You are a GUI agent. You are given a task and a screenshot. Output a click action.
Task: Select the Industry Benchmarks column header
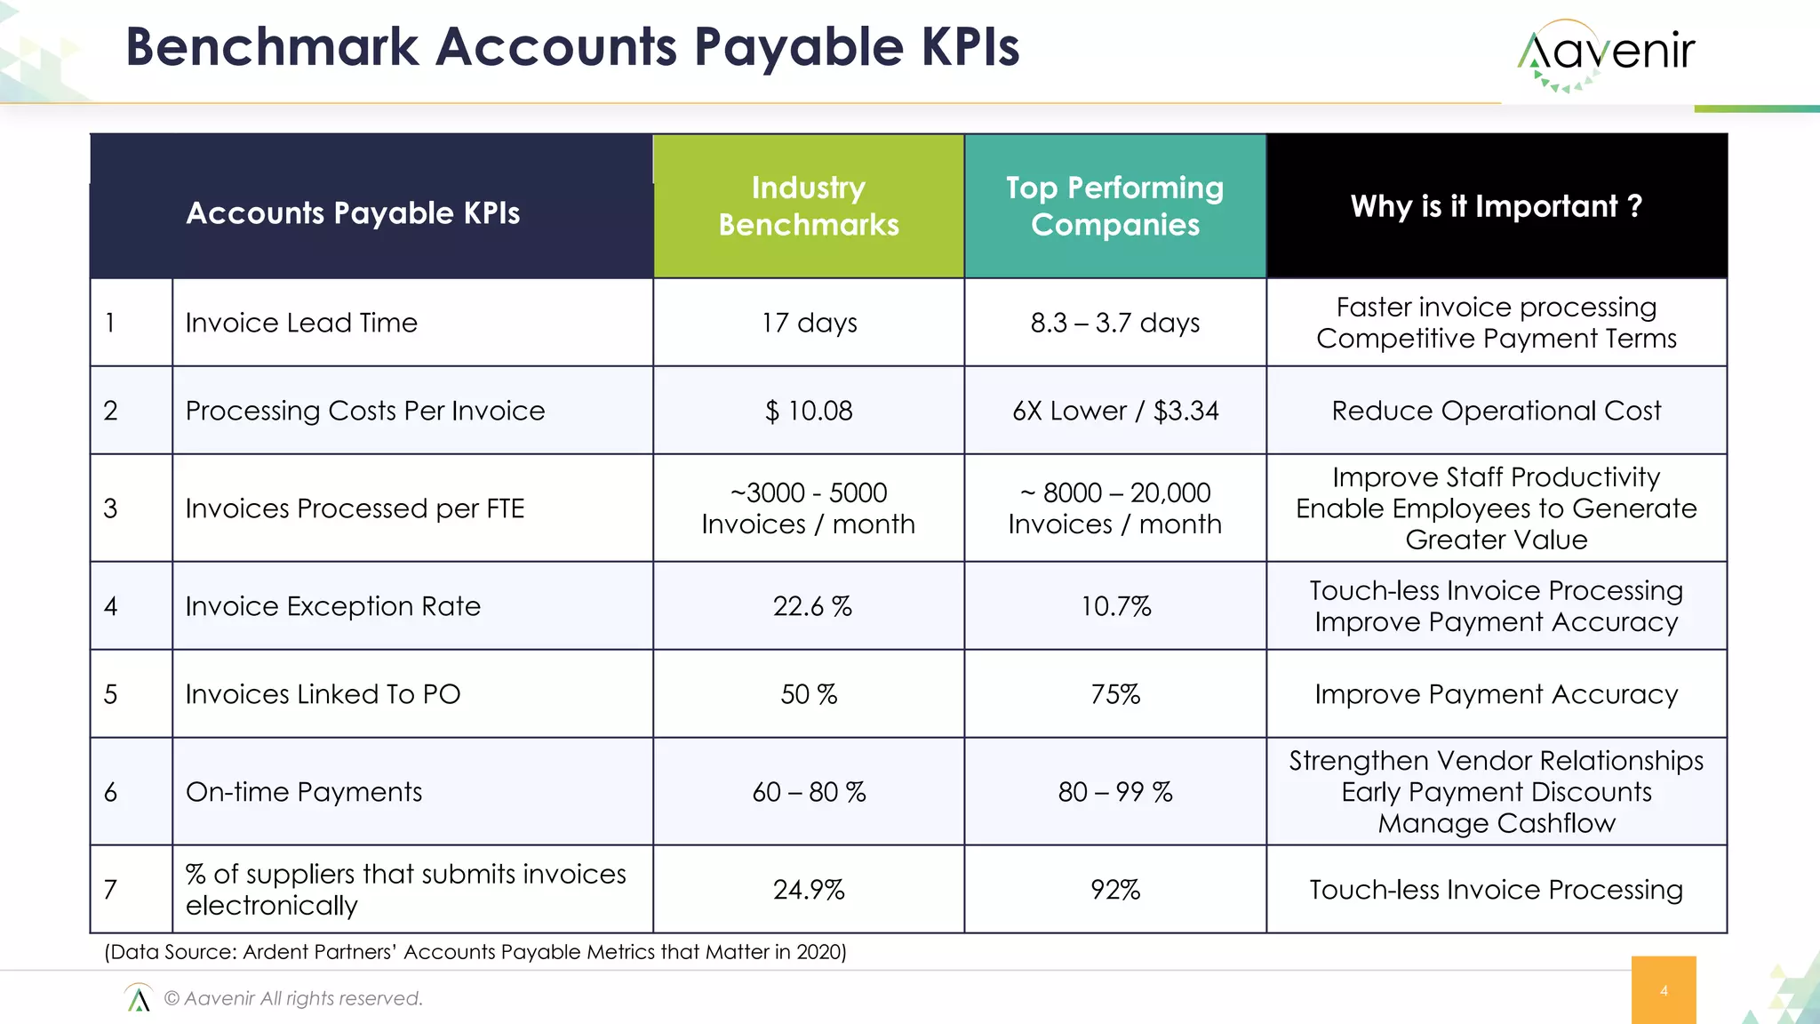click(809, 206)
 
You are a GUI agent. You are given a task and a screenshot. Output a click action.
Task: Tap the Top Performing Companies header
click(1114, 206)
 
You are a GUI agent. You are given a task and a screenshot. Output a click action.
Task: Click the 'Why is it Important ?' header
click(1496, 206)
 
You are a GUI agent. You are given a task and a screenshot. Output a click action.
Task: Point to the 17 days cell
click(809, 323)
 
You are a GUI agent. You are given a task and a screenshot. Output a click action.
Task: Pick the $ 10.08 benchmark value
click(809, 411)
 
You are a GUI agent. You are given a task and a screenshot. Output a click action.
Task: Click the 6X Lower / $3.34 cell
click(1114, 411)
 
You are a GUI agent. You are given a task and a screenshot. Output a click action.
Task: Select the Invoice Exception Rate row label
click(332, 606)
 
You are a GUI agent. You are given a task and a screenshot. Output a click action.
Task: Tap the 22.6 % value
click(811, 606)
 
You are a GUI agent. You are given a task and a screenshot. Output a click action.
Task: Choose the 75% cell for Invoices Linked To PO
click(1114, 694)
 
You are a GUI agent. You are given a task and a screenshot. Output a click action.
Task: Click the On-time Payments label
click(303, 792)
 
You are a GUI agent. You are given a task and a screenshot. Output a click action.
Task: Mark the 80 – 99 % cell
click(1114, 792)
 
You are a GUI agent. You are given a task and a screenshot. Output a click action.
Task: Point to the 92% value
click(1114, 890)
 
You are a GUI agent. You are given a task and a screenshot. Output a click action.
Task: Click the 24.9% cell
click(809, 890)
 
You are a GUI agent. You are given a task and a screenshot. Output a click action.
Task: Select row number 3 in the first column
click(110, 508)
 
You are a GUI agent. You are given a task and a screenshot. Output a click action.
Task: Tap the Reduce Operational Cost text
click(1496, 411)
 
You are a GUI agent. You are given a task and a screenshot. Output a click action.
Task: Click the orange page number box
click(1663, 990)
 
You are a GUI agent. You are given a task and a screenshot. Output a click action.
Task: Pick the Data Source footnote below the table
click(475, 952)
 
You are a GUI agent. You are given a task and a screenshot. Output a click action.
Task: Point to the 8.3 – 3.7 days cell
click(1114, 323)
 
